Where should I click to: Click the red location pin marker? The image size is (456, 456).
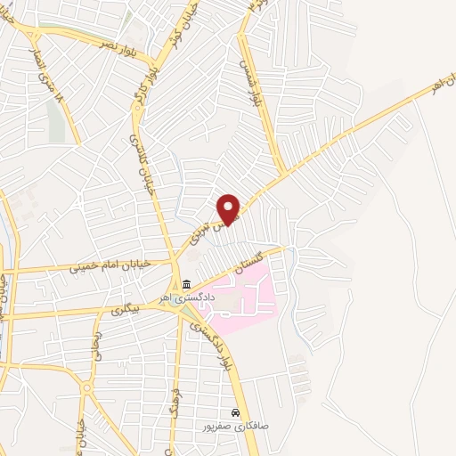(x=230, y=208)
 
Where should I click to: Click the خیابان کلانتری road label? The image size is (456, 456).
(x=142, y=164)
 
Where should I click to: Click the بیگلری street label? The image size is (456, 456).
(x=125, y=308)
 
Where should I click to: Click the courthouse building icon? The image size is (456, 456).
(x=187, y=285)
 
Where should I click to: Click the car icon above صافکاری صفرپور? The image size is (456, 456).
(x=234, y=413)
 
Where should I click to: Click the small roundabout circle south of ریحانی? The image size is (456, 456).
(x=87, y=388)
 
